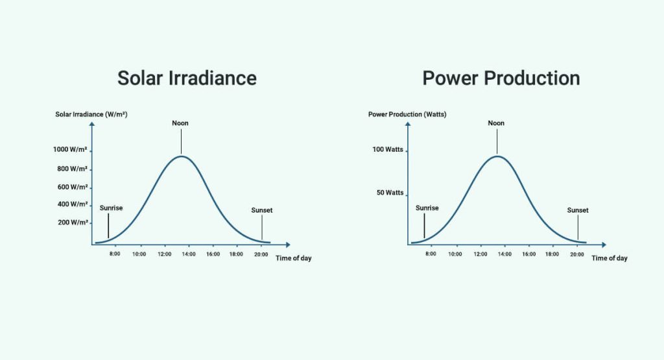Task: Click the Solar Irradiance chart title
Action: [x=187, y=78]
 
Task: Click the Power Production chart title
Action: [x=501, y=78]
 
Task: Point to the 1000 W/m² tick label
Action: [x=71, y=150]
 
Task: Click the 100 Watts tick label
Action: [x=388, y=150]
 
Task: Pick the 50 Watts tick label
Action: [x=390, y=193]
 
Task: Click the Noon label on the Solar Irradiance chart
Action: [x=180, y=123]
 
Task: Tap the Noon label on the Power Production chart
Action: [x=496, y=123]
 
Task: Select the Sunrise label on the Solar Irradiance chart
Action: [x=111, y=208]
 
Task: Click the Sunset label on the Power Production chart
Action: [x=578, y=210]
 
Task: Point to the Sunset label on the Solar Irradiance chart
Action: [x=262, y=210]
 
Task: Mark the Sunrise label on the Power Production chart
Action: [x=427, y=208]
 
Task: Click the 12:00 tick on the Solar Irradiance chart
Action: [x=164, y=254]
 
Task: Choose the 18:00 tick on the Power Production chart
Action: [x=552, y=254]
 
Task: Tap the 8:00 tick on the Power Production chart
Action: [x=431, y=254]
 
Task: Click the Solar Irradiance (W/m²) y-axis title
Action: [x=91, y=115]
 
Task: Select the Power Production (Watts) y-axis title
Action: [x=407, y=115]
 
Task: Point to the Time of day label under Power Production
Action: [x=610, y=258]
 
